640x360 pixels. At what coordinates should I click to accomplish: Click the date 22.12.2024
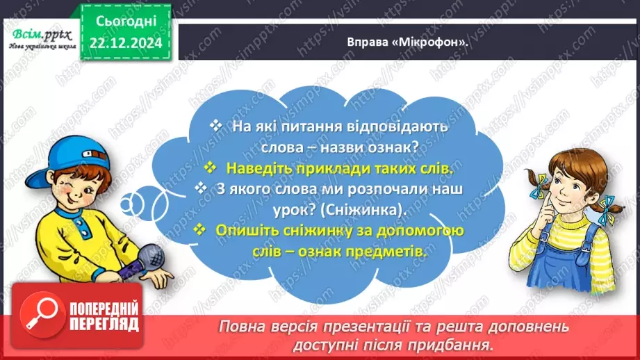[x=124, y=43]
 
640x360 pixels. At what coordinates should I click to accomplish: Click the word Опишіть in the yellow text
[x=248, y=230]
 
